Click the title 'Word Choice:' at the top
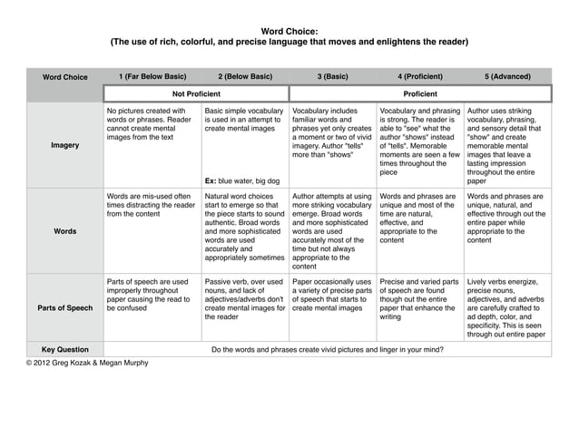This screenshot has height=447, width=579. click(x=289, y=31)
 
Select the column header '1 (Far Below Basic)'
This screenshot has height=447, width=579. click(x=152, y=76)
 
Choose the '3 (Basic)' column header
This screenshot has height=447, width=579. click(x=332, y=76)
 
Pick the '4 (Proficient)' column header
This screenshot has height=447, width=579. click(x=419, y=76)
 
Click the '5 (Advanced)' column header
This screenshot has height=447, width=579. click(x=507, y=76)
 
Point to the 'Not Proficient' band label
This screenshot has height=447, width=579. click(x=197, y=93)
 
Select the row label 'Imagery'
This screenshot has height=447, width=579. click(x=65, y=144)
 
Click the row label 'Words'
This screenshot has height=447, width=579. click(x=65, y=231)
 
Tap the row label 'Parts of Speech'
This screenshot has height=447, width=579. click(x=65, y=307)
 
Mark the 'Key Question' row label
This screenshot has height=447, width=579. click(x=65, y=348)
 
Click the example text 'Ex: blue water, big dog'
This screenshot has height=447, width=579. click(x=241, y=180)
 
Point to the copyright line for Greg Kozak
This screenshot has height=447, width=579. click(x=87, y=363)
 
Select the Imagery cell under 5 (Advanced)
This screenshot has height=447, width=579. click(x=506, y=144)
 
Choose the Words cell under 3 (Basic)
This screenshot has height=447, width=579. click(x=332, y=231)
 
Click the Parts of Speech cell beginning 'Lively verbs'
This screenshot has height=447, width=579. click(x=506, y=308)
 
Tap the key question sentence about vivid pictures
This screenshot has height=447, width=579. click(x=328, y=348)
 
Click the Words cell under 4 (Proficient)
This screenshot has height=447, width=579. click(x=419, y=219)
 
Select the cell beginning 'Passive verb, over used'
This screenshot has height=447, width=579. click(x=244, y=299)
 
